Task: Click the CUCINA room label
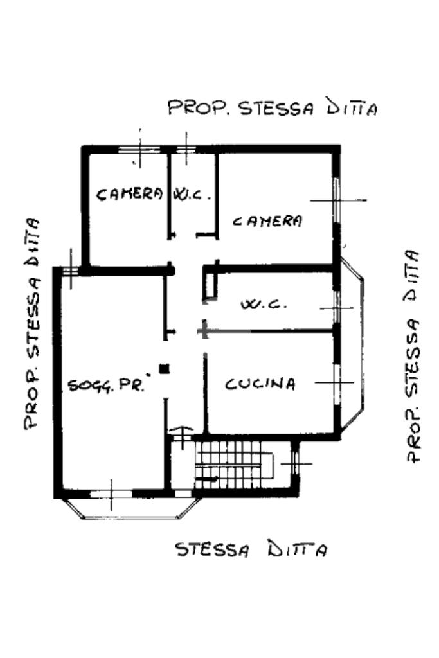coord(260,384)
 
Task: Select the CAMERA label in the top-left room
coord(129,194)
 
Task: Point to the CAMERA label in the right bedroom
coord(267,221)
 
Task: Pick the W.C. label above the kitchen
coord(264,304)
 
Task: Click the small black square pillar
coord(164,369)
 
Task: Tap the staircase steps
coord(233,464)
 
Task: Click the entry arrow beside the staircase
coord(182,437)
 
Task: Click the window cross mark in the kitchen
coord(334,383)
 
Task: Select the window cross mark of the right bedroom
coord(338,200)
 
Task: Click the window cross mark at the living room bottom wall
coord(112,494)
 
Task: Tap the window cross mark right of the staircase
coord(296,464)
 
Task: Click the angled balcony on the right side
coord(352,344)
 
